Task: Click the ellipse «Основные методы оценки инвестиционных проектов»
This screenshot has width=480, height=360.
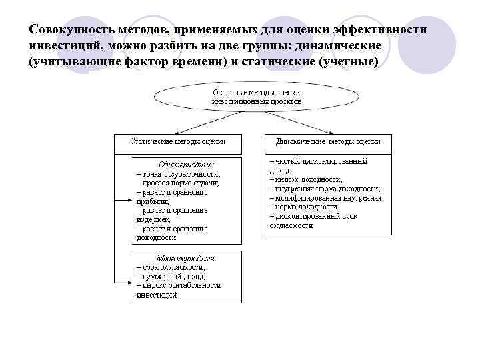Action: coord(256,97)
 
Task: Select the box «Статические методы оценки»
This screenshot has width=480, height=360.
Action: coord(177,142)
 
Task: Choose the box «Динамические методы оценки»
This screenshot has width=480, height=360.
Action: coord(328,142)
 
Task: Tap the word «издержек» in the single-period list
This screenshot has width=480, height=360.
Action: coord(153,219)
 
